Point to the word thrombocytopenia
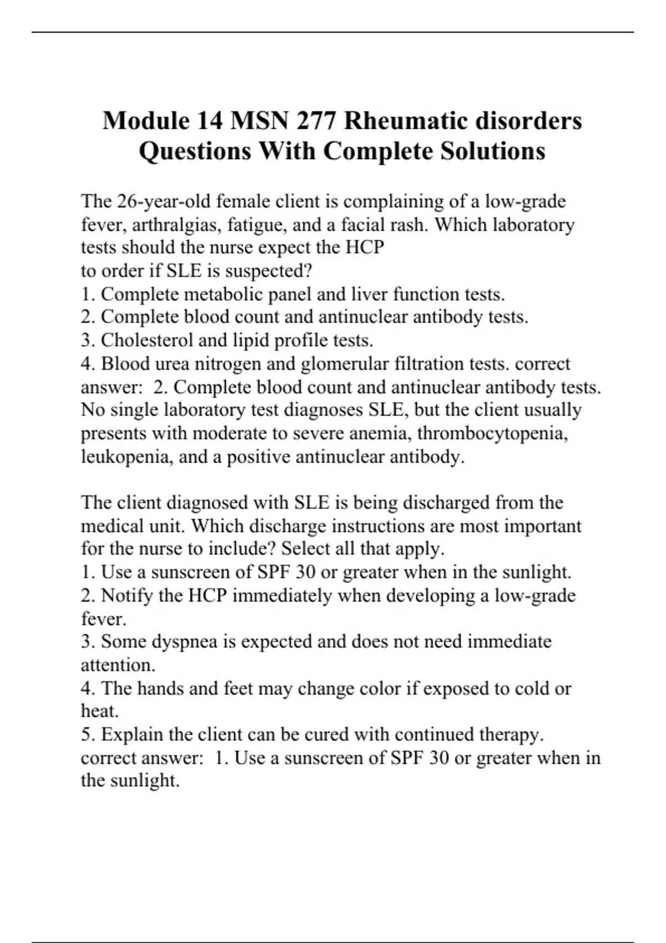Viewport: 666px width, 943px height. click(492, 433)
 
